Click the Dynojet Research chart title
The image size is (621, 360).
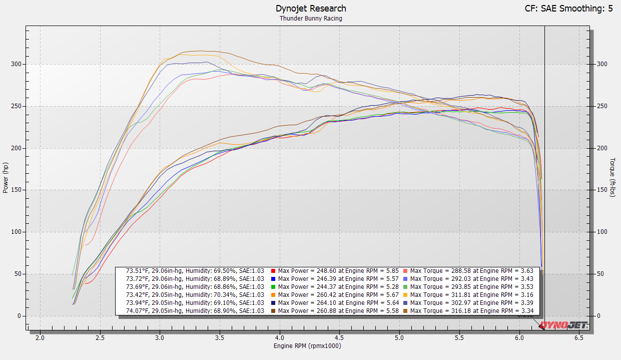pos(311,9)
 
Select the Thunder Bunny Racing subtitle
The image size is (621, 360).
pos(311,19)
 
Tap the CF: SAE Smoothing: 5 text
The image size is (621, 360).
pos(568,9)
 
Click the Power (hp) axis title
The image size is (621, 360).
pos(6,178)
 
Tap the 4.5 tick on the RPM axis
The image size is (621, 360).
pos(339,337)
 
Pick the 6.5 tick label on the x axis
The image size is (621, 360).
pos(579,337)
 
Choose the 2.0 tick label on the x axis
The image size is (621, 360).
pos(40,337)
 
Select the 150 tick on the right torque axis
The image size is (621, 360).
pos(601,190)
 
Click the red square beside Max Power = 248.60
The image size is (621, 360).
pos(273,271)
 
